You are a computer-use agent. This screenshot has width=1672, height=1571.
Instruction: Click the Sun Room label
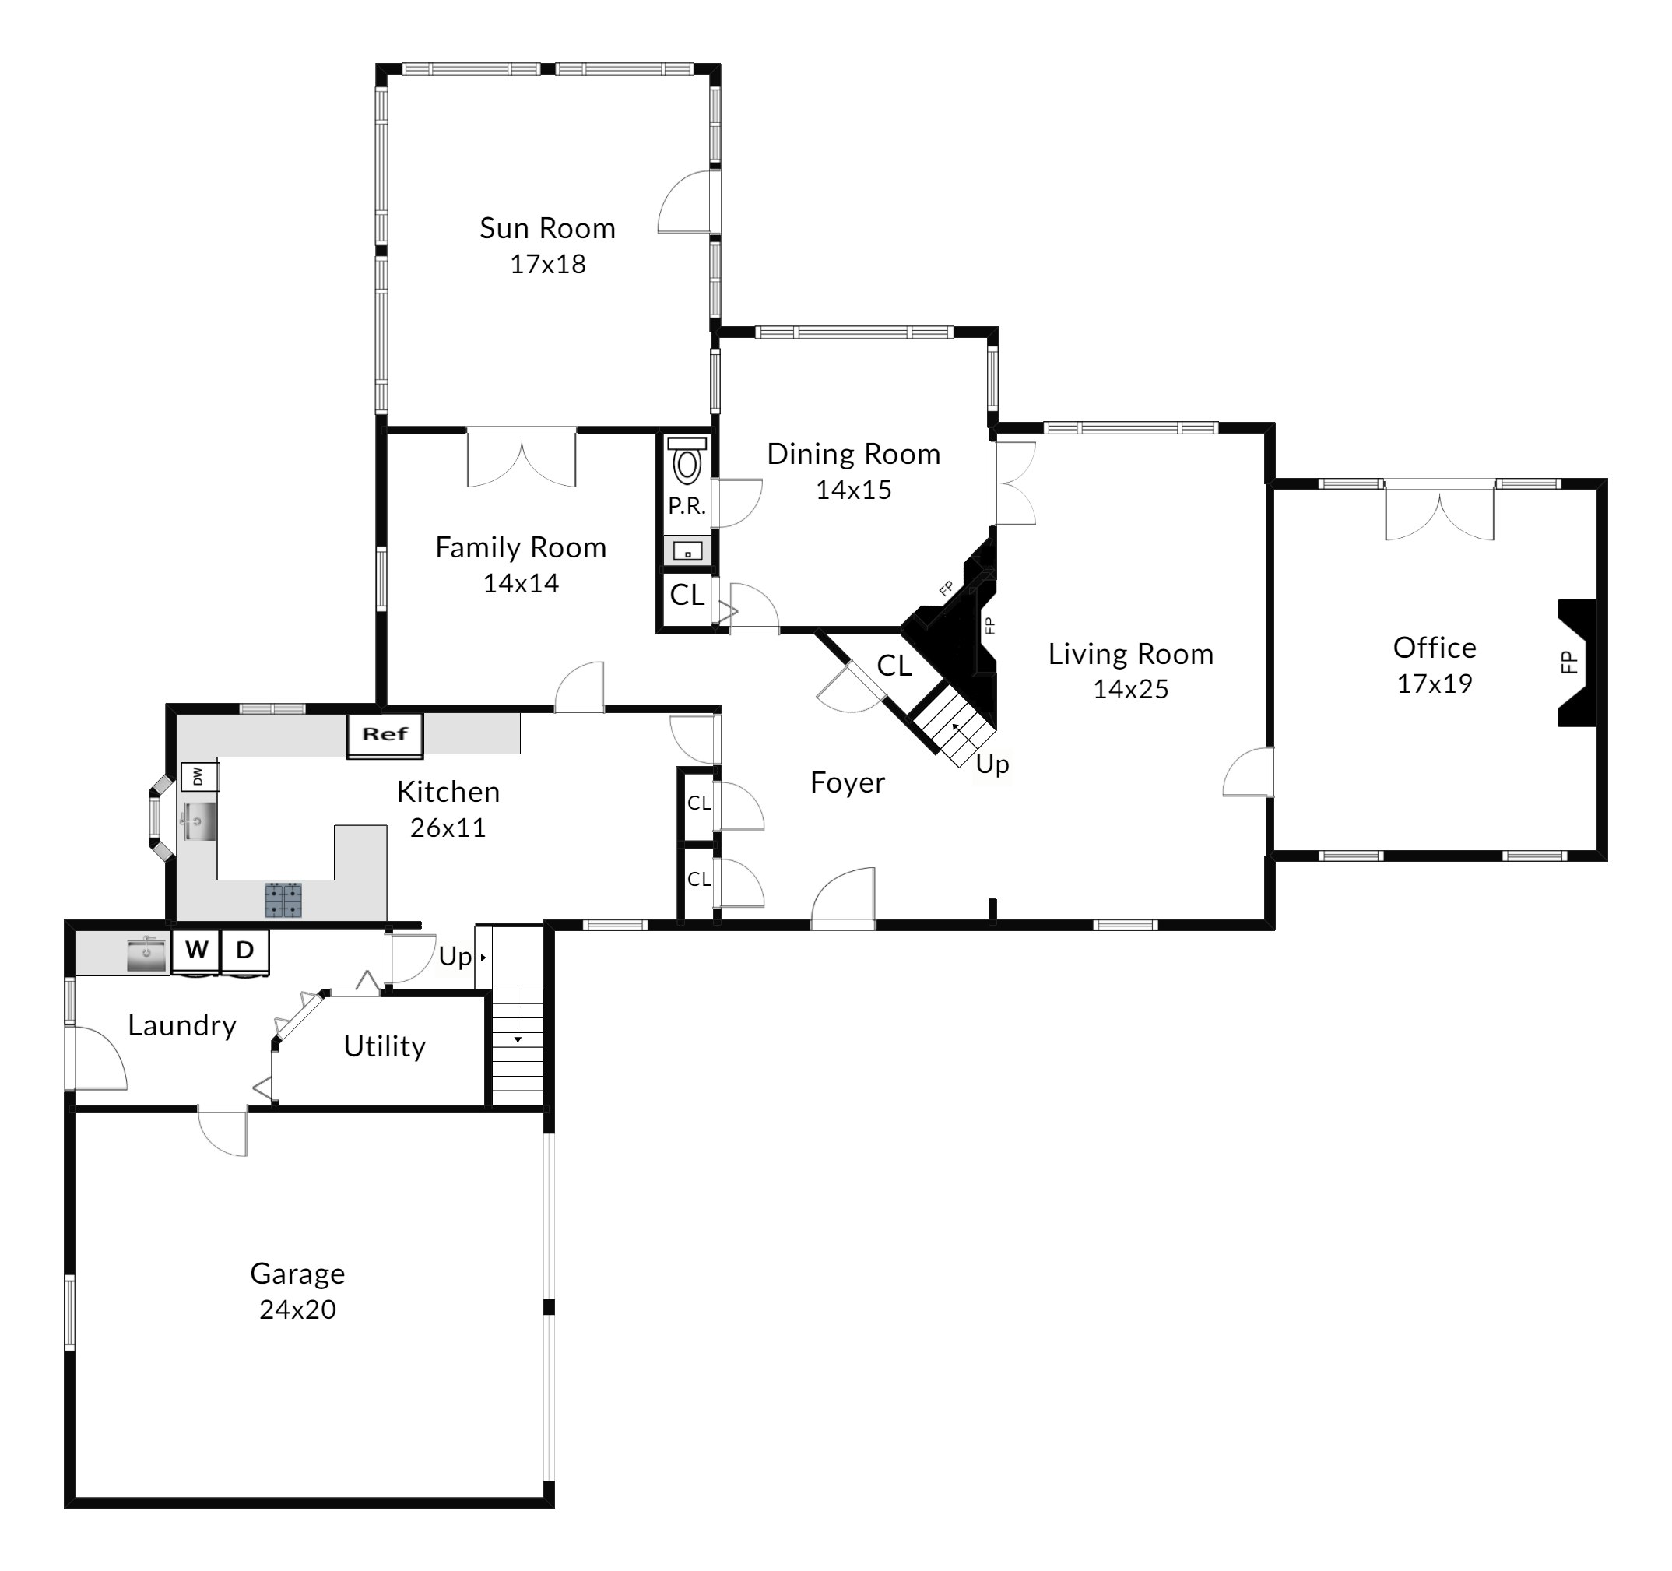pos(547,229)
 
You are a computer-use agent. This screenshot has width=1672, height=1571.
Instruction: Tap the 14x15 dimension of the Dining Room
pos(854,490)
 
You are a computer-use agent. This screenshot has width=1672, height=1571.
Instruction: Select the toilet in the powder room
pos(687,460)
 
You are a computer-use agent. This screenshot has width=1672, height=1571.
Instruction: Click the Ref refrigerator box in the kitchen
pos(385,734)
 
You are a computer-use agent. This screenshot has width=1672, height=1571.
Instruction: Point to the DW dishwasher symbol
pos(200,776)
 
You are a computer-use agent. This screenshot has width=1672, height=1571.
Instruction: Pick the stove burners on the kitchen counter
pos(283,899)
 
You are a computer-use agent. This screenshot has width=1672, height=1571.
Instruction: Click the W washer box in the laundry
pos(196,951)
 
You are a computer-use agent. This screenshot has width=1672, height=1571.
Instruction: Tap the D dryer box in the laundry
pos(244,951)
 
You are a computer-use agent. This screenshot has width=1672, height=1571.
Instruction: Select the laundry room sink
pos(146,954)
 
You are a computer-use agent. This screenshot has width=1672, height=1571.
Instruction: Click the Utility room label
pos(385,1046)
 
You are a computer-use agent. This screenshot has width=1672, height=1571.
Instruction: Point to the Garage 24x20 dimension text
pos(297,1310)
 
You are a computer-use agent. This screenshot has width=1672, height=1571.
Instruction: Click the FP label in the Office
pos(1568,662)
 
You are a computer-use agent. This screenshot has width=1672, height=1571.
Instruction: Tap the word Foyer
pos(848,783)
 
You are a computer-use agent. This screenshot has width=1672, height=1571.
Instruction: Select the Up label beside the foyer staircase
pos(992,764)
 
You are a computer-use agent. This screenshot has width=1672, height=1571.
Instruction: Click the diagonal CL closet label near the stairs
pos(894,666)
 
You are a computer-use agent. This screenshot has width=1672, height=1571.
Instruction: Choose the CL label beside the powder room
pos(687,596)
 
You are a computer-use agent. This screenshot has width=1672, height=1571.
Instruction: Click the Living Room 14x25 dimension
pos(1131,690)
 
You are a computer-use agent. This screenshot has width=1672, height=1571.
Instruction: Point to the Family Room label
pos(521,548)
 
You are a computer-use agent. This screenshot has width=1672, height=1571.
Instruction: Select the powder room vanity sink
pos(688,552)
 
